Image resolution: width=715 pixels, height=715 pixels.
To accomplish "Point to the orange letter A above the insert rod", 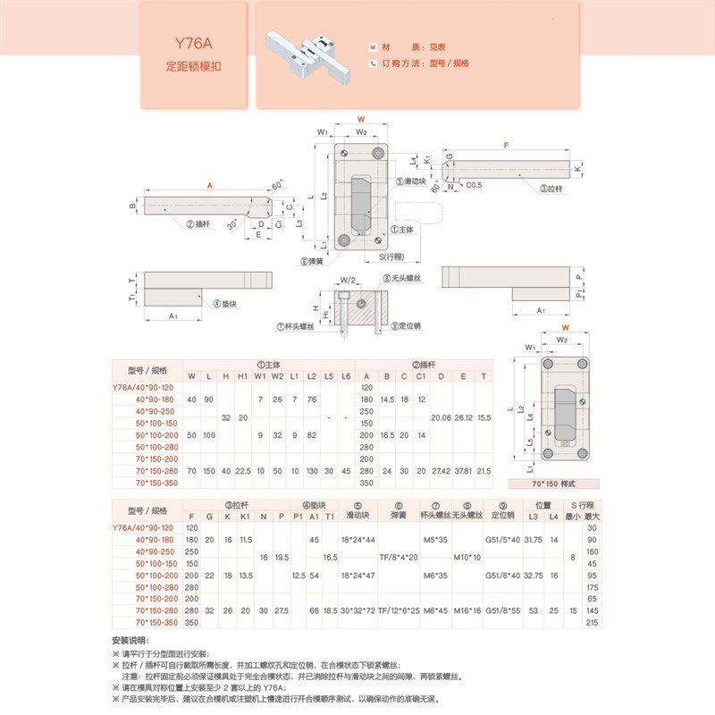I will pos(209,185).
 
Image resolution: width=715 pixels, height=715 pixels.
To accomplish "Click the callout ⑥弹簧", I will pos(311,261).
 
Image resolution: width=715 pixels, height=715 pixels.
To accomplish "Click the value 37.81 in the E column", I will pos(462,469).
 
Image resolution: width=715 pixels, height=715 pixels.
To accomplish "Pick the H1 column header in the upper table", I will pos(242,375).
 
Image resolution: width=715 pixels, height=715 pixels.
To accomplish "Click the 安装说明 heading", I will pos(130,642).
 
